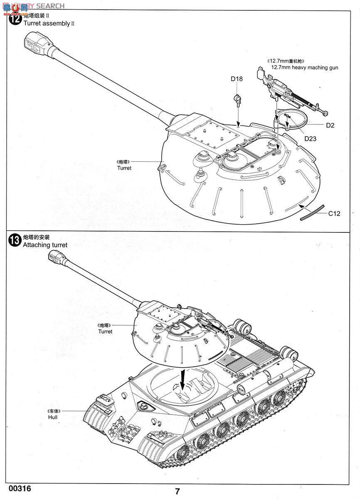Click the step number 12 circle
[15, 19]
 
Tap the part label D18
[237, 79]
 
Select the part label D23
[310, 138]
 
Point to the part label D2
[330, 125]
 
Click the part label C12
[334, 214]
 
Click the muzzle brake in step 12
[35, 44]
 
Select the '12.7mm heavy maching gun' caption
[304, 67]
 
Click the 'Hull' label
[53, 417]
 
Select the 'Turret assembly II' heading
[48, 23]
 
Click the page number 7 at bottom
[178, 492]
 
